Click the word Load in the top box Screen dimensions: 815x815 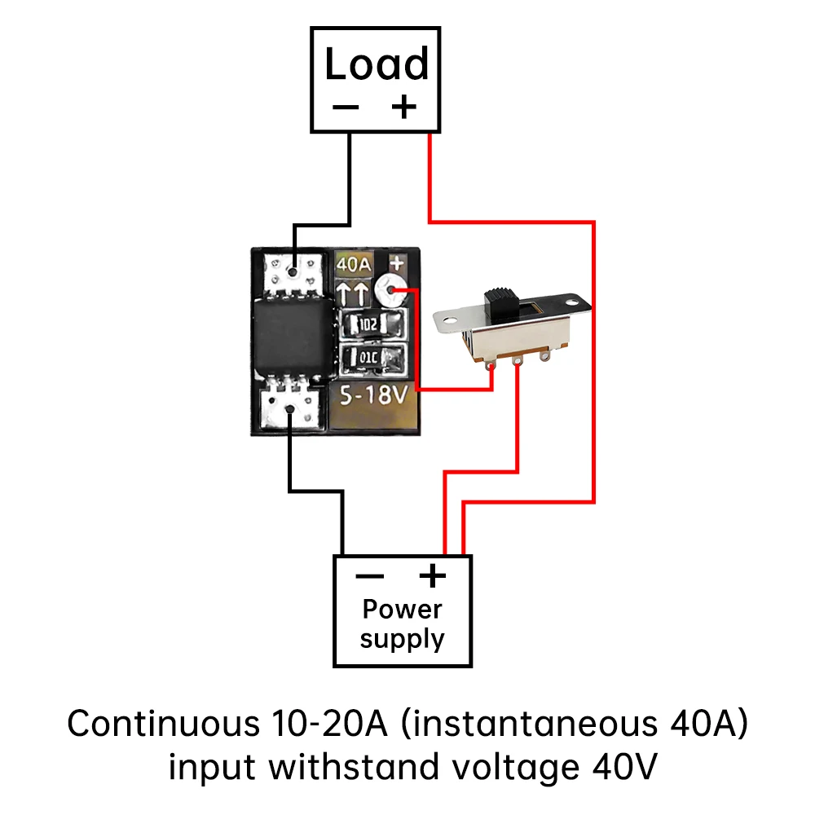tap(376, 64)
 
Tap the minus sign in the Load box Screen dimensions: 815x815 tap(346, 108)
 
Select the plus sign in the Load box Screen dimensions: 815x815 tap(403, 107)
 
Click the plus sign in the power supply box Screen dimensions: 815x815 tap(433, 576)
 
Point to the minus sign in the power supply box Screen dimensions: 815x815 tap(370, 576)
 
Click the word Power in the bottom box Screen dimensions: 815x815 tap(402, 609)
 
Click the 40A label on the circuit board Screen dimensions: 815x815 tap(355, 264)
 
